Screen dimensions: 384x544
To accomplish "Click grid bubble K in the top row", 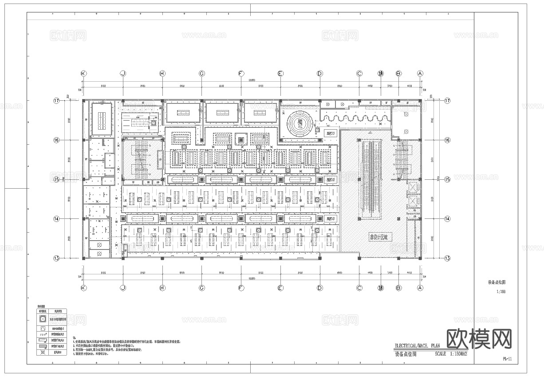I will [x=83, y=73].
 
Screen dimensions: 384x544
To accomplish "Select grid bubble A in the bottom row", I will [x=420, y=288].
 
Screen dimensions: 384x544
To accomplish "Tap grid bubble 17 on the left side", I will [x=56, y=101].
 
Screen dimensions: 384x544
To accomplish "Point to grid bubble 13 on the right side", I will [x=447, y=258].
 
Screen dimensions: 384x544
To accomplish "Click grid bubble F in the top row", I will [x=241, y=73].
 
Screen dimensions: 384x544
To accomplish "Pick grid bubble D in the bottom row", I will [x=319, y=288].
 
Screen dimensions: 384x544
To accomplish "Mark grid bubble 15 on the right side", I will [x=447, y=179].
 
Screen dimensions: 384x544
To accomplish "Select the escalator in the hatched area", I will [x=371, y=178].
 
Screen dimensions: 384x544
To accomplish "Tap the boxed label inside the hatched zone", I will [x=378, y=237].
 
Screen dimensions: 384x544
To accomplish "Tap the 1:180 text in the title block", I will [x=501, y=292].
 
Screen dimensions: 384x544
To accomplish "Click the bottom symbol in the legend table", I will [x=43, y=353].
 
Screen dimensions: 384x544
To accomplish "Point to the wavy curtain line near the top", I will [x=355, y=118].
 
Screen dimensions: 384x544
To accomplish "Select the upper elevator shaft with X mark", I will [x=413, y=186].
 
